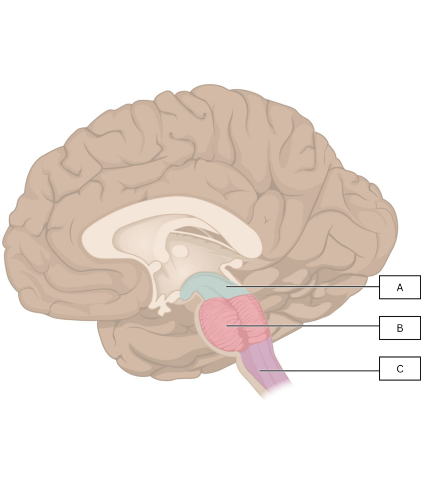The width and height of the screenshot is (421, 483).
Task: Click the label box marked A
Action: point(400,287)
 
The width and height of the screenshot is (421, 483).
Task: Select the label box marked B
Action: point(400,328)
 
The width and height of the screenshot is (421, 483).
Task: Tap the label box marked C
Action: point(400,368)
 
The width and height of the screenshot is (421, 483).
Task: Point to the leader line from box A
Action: point(303,287)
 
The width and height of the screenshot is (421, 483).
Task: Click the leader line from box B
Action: point(303,325)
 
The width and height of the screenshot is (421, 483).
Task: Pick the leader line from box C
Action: point(320,371)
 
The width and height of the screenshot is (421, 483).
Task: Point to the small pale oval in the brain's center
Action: point(180,251)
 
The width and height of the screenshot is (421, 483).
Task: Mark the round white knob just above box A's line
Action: point(236,263)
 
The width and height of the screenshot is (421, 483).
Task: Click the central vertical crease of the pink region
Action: point(237,323)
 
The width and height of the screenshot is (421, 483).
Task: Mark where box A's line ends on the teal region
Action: point(226,287)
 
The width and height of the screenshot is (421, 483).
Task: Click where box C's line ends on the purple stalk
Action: point(260,371)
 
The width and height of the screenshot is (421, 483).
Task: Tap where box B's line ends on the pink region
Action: point(226,325)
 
